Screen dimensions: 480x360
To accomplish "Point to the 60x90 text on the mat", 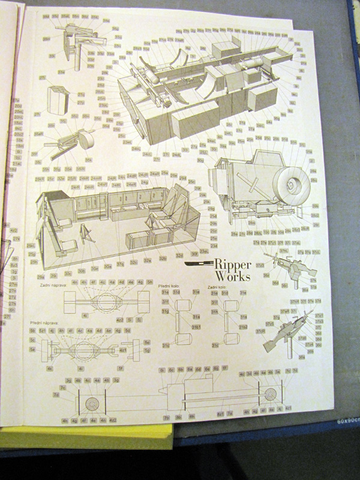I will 347,421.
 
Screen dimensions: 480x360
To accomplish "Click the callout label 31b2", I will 243,326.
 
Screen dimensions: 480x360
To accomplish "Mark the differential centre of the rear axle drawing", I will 106,296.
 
